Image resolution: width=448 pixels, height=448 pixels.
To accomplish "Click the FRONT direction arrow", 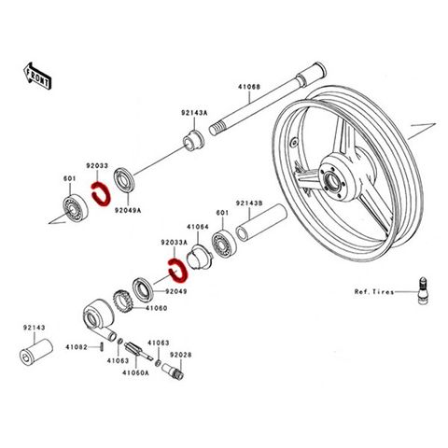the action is (37, 77).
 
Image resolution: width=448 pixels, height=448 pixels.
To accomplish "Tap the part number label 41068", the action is (249, 87).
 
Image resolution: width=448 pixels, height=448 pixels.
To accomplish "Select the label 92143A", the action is (194, 113).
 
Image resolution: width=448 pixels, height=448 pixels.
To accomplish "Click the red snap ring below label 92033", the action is (100, 194).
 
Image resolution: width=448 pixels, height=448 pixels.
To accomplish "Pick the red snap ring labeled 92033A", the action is (177, 271).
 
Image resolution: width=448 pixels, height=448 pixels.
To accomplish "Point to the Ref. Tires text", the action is (374, 292).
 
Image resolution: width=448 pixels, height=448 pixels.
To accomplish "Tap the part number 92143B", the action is (249, 203).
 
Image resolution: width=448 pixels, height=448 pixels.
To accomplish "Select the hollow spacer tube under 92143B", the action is (261, 222).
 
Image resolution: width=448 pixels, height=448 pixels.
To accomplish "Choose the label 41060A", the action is (135, 372).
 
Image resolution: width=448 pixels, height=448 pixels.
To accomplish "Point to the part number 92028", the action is (181, 355).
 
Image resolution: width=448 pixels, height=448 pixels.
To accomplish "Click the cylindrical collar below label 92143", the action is (35, 353).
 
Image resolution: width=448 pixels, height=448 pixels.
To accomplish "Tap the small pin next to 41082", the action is (102, 346).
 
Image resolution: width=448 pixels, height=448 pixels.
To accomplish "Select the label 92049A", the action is (128, 210).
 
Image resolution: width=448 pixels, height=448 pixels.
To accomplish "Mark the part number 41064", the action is (198, 227).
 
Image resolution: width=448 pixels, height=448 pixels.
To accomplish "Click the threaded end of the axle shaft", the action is (217, 128).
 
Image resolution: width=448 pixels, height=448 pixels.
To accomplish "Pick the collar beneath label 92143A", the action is (193, 142).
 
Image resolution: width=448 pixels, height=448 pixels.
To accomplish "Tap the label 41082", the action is (77, 346).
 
